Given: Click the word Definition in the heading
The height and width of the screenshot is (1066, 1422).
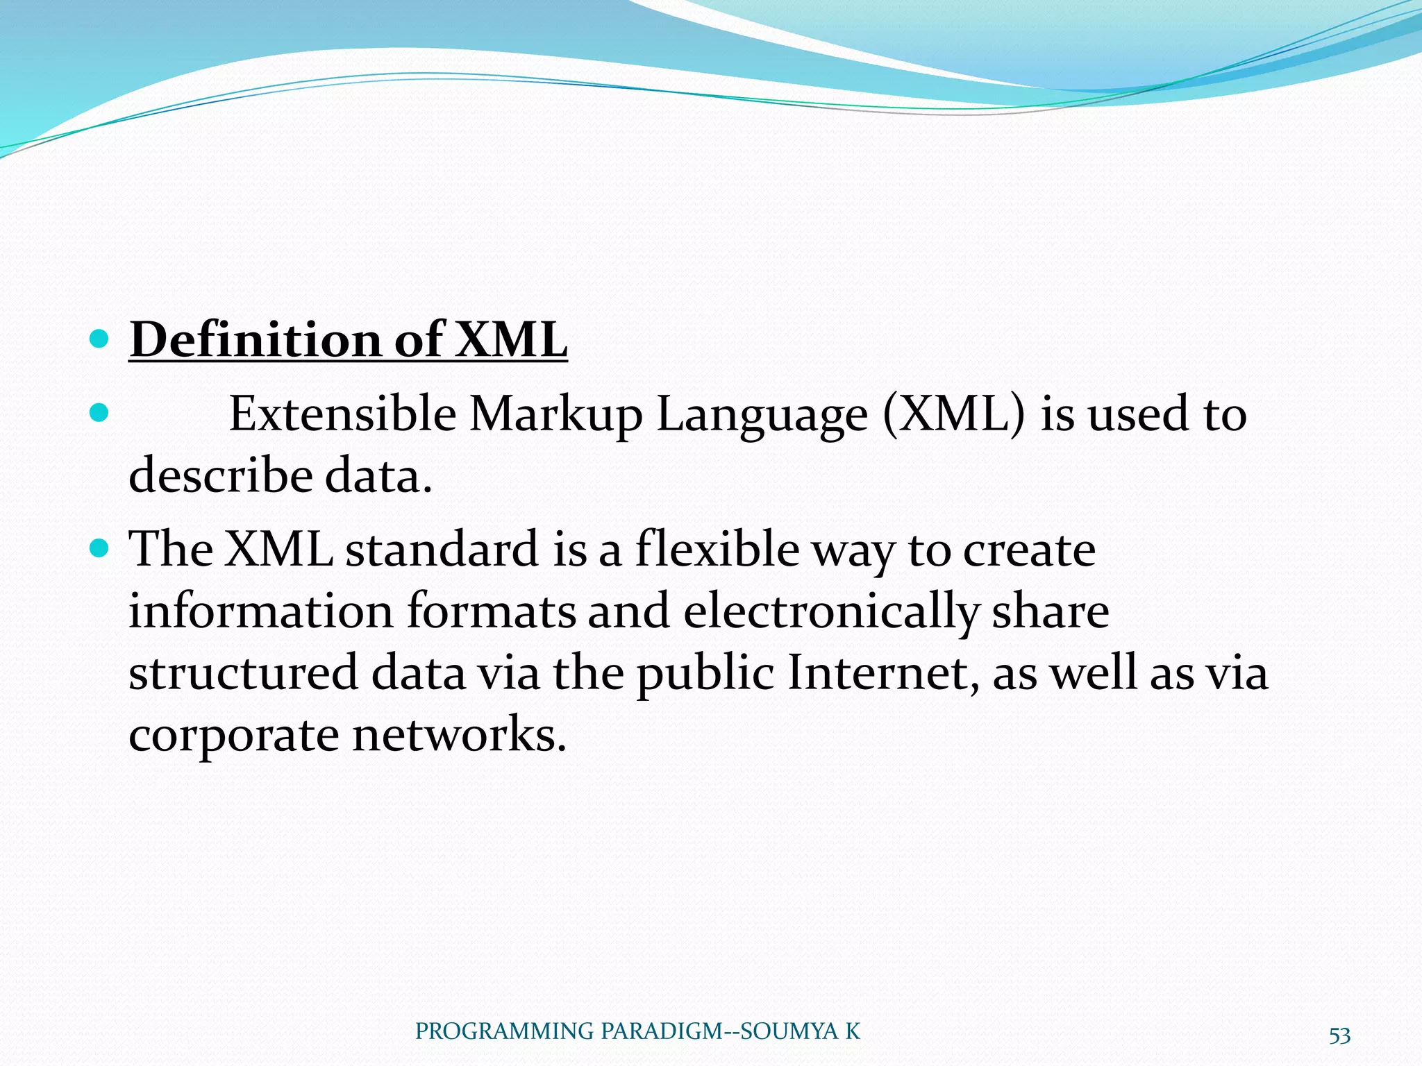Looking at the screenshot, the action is click(256, 340).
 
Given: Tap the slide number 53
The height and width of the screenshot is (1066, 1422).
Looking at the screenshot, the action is click(1339, 1035).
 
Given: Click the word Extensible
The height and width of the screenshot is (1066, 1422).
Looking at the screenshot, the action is click(342, 414).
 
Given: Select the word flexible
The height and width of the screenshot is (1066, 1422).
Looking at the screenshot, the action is click(717, 549).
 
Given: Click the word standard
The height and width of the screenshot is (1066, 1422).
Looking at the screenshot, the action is click(442, 549).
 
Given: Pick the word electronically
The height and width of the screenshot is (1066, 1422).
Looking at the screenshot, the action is click(830, 612).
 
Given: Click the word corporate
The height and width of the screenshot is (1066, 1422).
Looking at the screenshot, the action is click(233, 736).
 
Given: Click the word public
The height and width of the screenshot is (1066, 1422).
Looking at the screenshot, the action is click(705, 674).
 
